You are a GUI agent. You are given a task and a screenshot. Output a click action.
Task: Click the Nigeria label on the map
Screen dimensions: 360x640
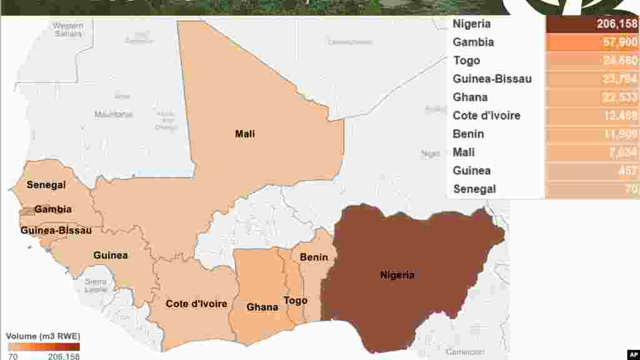pyautogui.click(x=397, y=274)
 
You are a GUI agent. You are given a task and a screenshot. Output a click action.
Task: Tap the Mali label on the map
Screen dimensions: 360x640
pyautogui.click(x=244, y=134)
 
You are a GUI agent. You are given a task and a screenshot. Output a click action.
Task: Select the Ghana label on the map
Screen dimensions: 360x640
pyautogui.click(x=262, y=307)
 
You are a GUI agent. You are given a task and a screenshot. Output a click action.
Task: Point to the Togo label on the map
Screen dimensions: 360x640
pyautogui.click(x=296, y=301)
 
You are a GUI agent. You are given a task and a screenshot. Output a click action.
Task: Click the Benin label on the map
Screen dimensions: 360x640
pyautogui.click(x=314, y=257)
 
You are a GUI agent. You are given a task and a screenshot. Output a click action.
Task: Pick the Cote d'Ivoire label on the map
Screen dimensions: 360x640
pyautogui.click(x=196, y=304)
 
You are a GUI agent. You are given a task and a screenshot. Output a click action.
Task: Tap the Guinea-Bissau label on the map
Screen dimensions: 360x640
pyautogui.click(x=56, y=231)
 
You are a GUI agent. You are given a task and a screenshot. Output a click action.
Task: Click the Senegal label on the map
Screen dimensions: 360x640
pyautogui.click(x=46, y=185)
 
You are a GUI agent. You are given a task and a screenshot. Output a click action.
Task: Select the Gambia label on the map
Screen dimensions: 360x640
pyautogui.click(x=52, y=209)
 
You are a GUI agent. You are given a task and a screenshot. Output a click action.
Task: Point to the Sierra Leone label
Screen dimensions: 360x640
pyautogui.click(x=96, y=286)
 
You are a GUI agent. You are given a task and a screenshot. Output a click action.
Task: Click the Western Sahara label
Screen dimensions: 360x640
pyautogui.click(x=67, y=29)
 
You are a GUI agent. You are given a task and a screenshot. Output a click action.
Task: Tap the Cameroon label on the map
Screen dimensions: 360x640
pyautogui.click(x=464, y=352)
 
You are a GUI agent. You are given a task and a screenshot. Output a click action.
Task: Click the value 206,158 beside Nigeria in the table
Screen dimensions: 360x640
pyautogui.click(x=616, y=24)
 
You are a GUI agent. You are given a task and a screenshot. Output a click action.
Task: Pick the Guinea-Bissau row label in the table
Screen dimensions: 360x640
pyautogui.click(x=492, y=79)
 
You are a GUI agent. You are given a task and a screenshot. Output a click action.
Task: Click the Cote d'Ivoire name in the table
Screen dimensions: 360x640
pyautogui.click(x=486, y=116)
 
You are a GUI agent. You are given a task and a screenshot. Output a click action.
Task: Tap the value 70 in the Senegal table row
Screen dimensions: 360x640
pyautogui.click(x=631, y=189)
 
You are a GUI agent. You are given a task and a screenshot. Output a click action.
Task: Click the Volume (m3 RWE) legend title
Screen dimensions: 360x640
pyautogui.click(x=44, y=336)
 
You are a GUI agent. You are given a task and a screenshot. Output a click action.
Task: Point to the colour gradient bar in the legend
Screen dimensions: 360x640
pyautogui.click(x=44, y=346)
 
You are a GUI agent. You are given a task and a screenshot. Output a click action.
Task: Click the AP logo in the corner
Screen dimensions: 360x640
pyautogui.click(x=631, y=353)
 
